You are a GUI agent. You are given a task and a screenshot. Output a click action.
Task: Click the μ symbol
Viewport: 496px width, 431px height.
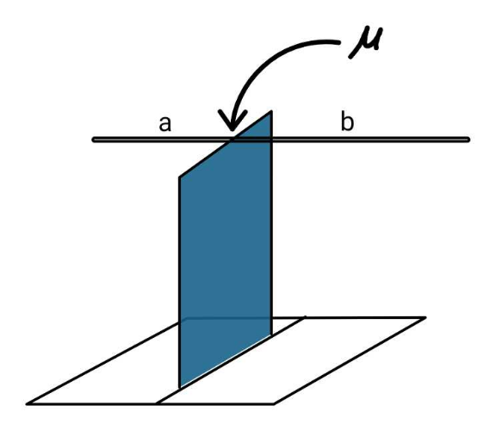(365, 42)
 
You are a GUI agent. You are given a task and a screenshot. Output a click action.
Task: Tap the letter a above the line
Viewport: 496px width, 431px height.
(164, 123)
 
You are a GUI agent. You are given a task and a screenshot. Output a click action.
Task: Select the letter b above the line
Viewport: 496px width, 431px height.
(347, 122)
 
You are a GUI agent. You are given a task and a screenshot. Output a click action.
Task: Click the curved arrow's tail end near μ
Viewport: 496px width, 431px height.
(338, 42)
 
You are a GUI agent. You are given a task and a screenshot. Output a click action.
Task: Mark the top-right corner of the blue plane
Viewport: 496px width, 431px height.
(271, 111)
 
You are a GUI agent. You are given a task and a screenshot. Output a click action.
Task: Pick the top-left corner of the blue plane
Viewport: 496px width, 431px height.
(179, 177)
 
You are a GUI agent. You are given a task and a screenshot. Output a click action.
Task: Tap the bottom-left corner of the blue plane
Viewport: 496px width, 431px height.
(179, 388)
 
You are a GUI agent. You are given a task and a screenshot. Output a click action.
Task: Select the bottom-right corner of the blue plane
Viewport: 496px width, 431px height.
(271, 335)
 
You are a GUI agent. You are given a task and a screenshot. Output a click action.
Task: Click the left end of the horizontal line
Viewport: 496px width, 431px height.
(94, 140)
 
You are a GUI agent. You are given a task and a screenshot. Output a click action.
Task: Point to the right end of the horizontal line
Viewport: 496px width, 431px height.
(468, 140)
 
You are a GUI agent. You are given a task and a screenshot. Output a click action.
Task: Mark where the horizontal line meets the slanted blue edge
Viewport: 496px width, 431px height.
(232, 140)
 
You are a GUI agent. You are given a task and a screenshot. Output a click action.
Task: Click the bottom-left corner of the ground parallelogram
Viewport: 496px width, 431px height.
(28, 403)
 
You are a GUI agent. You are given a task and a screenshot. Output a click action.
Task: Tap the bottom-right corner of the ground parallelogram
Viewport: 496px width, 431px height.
(274, 403)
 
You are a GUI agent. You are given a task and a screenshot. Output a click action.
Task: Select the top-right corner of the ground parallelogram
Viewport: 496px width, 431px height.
(425, 317)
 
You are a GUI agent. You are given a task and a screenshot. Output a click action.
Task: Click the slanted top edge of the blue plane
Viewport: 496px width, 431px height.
(226, 144)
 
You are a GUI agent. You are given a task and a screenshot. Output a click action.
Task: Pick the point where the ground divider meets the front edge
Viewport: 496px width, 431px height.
(156, 403)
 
